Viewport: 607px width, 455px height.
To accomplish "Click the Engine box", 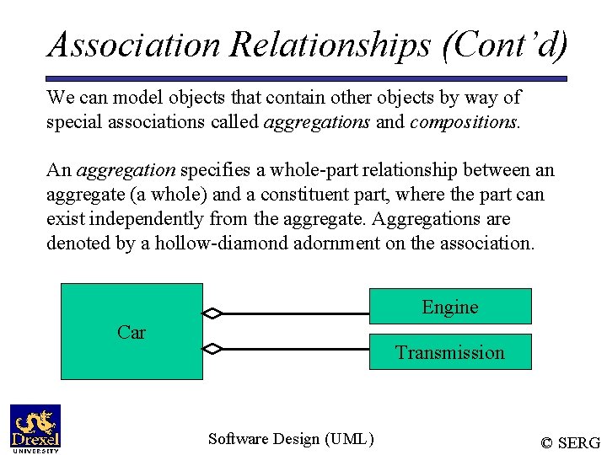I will [450, 307].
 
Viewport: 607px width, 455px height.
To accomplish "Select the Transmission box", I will [450, 352].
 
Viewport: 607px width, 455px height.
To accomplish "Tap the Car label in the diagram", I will [132, 332].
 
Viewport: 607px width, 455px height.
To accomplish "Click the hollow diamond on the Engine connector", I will [213, 313].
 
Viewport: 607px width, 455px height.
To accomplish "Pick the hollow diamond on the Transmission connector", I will [213, 348].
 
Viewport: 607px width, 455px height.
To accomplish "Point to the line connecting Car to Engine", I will [295, 313].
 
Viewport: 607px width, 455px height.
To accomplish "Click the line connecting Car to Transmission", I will [295, 348].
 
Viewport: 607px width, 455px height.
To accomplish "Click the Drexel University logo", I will [35, 428].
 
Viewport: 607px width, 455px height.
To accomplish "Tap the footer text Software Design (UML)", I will [291, 438].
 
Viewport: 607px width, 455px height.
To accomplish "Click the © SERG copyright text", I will [570, 442].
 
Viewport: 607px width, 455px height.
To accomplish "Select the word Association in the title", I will [133, 45].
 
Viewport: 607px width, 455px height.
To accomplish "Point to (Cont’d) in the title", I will [504, 45].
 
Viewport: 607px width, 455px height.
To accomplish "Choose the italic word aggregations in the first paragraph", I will [317, 122].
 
